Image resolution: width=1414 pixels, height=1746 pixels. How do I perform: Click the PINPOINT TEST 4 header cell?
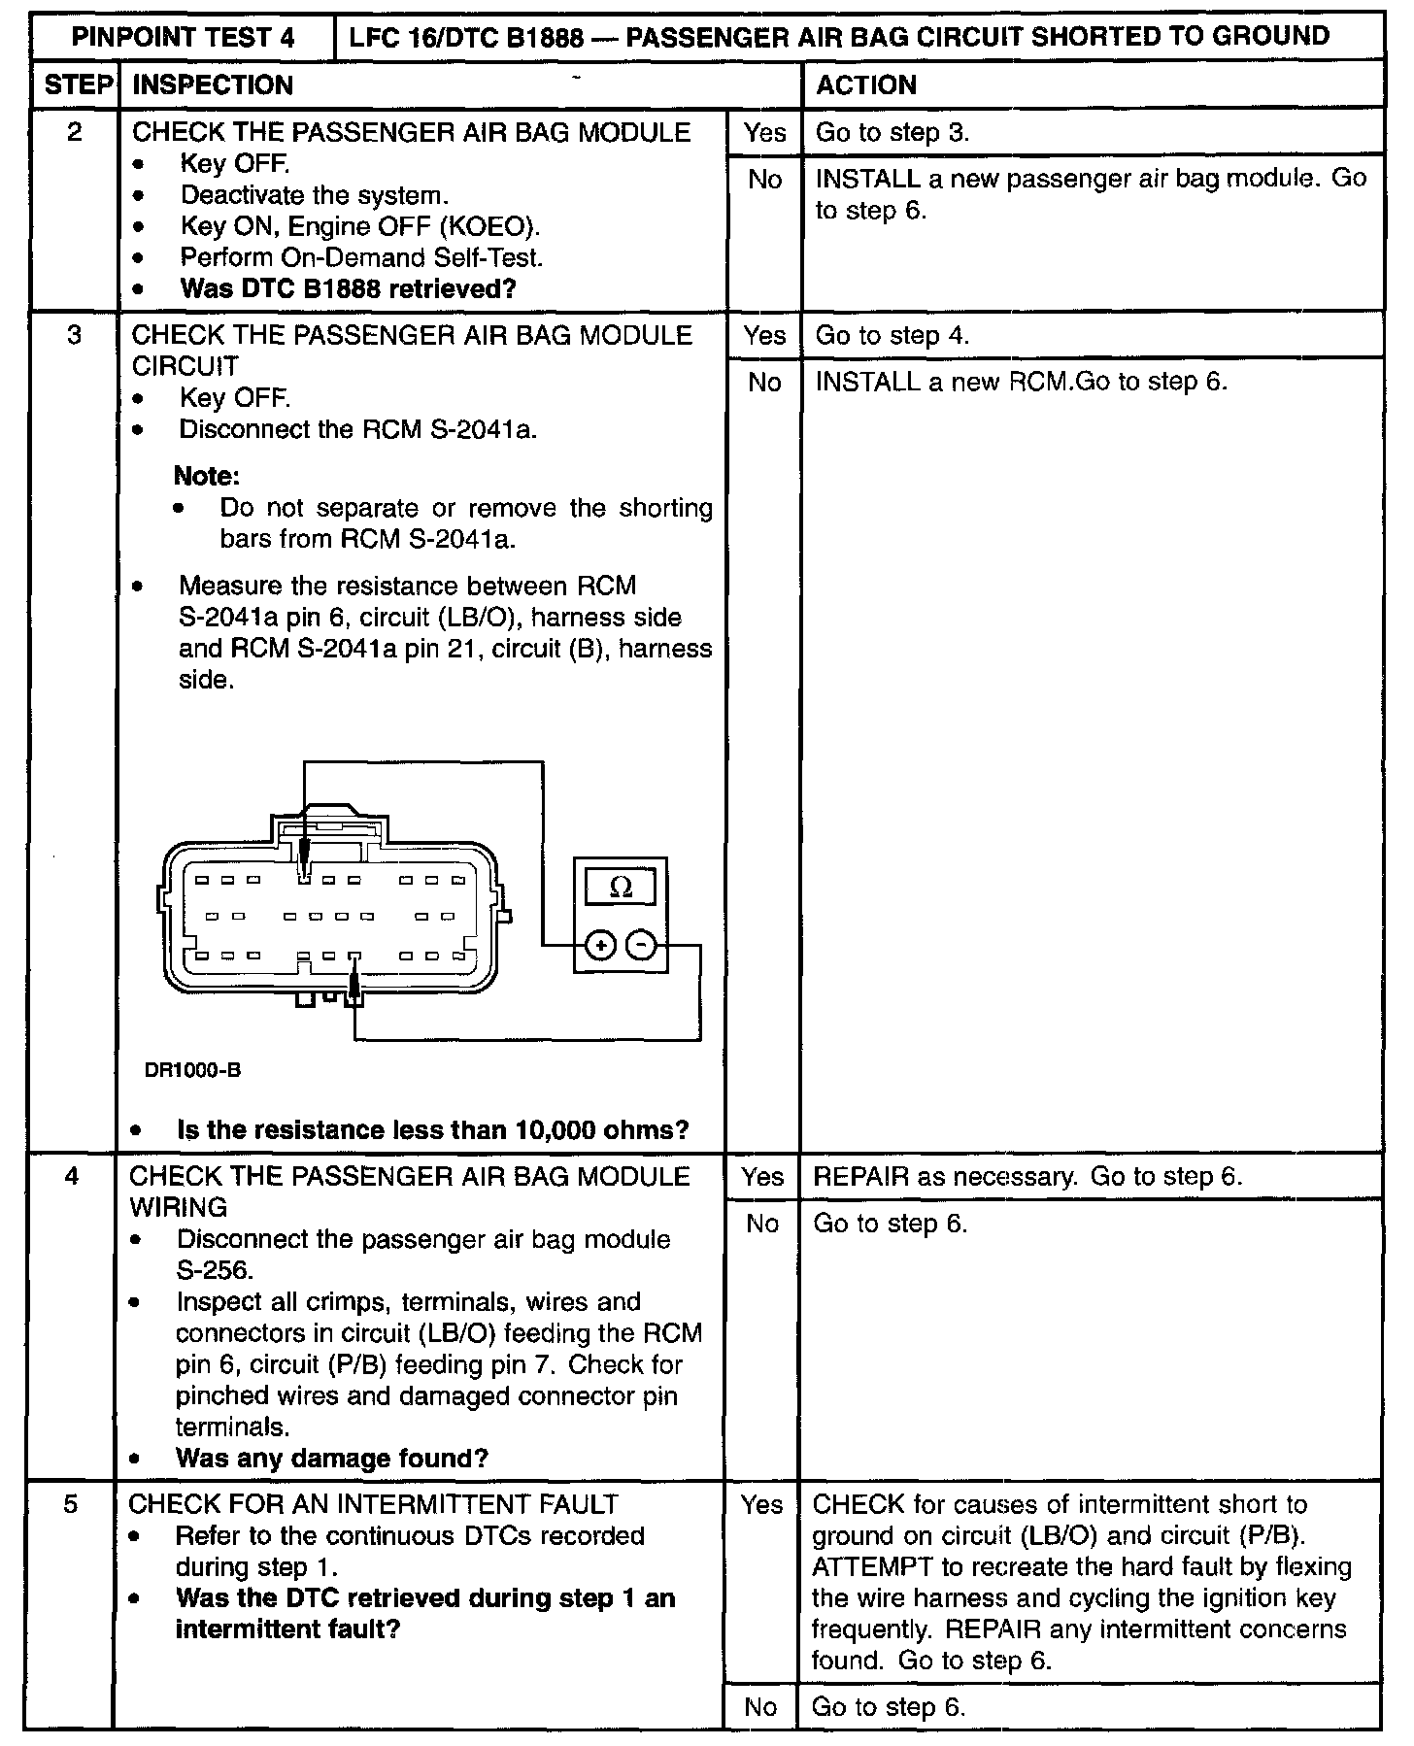(x=183, y=37)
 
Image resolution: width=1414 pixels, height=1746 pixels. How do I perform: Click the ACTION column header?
(x=865, y=85)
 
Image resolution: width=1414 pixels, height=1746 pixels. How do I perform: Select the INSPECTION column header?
(x=212, y=85)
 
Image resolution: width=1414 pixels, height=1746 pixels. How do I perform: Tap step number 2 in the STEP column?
(x=74, y=132)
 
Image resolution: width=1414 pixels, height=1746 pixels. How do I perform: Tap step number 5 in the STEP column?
(x=70, y=1504)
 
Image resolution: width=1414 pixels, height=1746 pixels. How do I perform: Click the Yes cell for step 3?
(x=764, y=336)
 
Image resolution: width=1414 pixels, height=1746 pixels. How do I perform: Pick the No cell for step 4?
(x=761, y=1224)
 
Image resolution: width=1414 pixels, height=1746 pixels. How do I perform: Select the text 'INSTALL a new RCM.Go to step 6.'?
(x=1021, y=382)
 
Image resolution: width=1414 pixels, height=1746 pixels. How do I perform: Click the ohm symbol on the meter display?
(x=620, y=887)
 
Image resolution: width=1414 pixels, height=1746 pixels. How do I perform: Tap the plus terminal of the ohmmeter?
(x=600, y=944)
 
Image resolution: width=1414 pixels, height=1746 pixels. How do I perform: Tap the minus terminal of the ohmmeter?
(x=641, y=944)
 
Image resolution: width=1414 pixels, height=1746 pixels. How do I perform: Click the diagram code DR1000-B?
(x=192, y=1070)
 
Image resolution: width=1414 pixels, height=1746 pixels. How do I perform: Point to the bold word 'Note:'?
(x=206, y=476)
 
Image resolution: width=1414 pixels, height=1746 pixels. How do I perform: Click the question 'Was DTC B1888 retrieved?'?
(x=348, y=288)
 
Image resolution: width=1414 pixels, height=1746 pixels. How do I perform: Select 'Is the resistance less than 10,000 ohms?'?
(x=432, y=1129)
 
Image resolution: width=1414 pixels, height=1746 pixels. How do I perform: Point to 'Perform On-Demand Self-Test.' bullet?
(x=361, y=257)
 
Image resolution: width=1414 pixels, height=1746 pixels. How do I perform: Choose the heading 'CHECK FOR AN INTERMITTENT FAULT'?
(x=373, y=1504)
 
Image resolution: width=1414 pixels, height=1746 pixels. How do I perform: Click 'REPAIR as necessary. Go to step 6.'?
(x=1027, y=1177)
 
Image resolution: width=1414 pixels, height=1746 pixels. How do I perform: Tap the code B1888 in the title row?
(x=547, y=37)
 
